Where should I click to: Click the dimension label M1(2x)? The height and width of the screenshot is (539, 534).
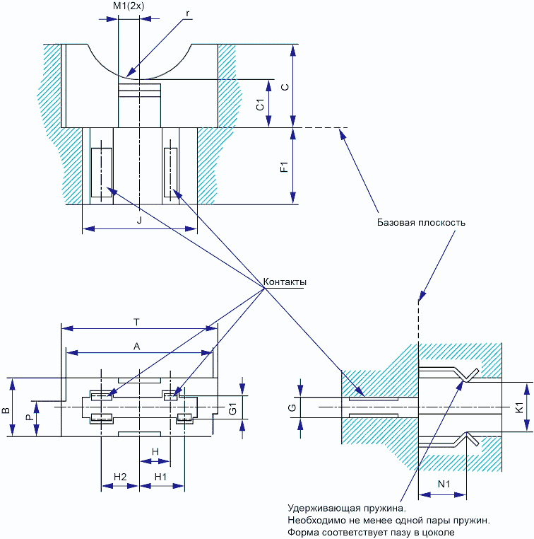coord(129,6)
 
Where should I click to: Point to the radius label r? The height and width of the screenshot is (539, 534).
coord(187,13)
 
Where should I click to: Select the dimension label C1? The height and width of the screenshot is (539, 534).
coord(261,105)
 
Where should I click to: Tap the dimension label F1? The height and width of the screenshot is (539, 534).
coord(284,167)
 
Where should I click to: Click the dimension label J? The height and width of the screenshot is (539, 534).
coord(139,220)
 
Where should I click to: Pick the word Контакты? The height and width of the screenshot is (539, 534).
coord(285,282)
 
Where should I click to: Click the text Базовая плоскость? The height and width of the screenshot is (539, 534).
coord(421,222)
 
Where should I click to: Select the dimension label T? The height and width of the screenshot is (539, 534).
coord(136,322)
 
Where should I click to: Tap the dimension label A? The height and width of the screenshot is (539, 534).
coord(136,347)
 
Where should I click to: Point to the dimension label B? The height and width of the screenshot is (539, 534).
coord(6,410)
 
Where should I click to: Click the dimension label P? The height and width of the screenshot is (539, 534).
coord(30,417)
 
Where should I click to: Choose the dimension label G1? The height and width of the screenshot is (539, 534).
coord(232,409)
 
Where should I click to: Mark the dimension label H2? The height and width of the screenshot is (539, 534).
coord(120,477)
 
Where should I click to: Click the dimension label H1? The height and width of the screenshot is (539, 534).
coord(160,477)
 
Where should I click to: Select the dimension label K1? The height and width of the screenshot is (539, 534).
coord(520,407)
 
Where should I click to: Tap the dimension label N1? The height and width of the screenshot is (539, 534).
coord(444,484)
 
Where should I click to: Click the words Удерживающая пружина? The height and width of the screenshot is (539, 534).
coord(347,508)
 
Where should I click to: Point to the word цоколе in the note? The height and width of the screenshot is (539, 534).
coord(437,533)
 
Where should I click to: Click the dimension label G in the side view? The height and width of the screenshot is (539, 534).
coord(292,407)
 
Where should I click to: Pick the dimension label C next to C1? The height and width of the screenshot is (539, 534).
coord(285,87)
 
